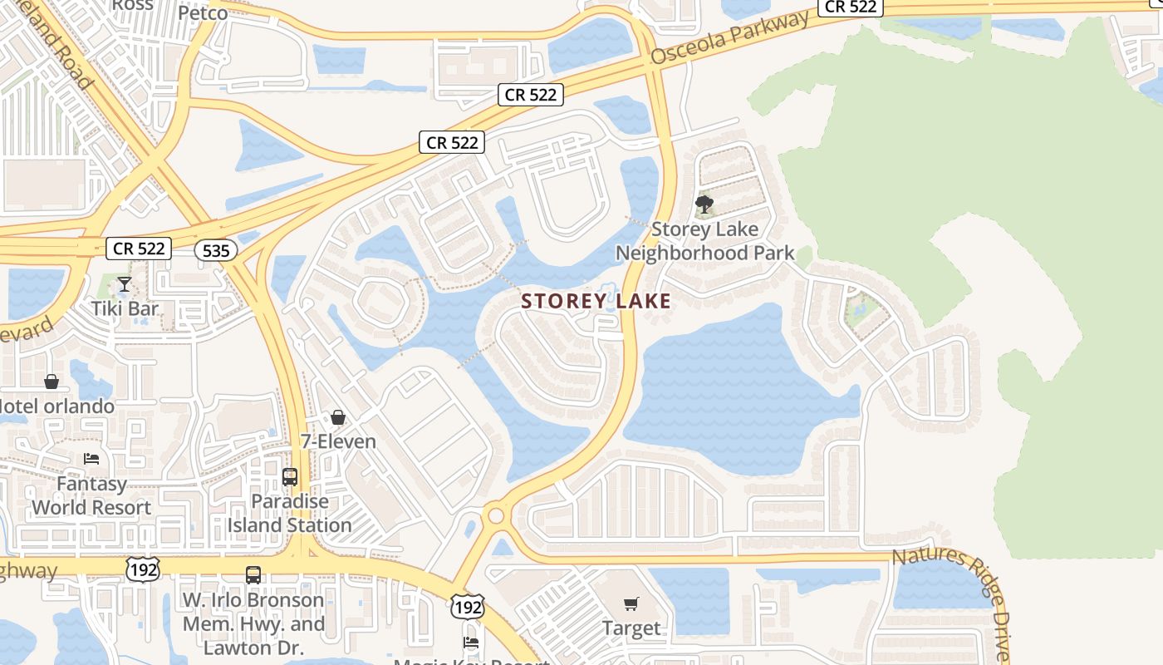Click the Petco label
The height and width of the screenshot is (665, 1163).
click(203, 13)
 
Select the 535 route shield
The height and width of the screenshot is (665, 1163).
click(217, 249)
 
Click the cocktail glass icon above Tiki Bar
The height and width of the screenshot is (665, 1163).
click(125, 284)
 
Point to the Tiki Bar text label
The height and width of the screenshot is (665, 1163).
click(125, 308)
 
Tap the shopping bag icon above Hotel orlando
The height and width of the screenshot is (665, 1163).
click(52, 382)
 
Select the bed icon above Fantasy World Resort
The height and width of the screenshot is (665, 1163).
click(91, 458)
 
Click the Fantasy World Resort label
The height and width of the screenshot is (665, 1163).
click(91, 495)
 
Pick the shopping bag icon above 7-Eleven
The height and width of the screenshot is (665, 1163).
click(338, 416)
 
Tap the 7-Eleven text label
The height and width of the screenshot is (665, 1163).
click(338, 441)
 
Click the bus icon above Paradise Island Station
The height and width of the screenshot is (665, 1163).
click(290, 477)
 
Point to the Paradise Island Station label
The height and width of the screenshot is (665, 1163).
click(290, 514)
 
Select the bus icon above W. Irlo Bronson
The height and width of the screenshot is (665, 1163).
click(253, 574)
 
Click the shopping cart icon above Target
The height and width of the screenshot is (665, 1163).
click(631, 603)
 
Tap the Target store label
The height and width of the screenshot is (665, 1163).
click(631, 628)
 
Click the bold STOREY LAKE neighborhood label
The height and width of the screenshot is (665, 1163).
click(596, 301)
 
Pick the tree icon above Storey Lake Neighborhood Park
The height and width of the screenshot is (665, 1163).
click(704, 204)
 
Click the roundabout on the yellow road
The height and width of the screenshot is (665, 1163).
click(497, 515)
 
